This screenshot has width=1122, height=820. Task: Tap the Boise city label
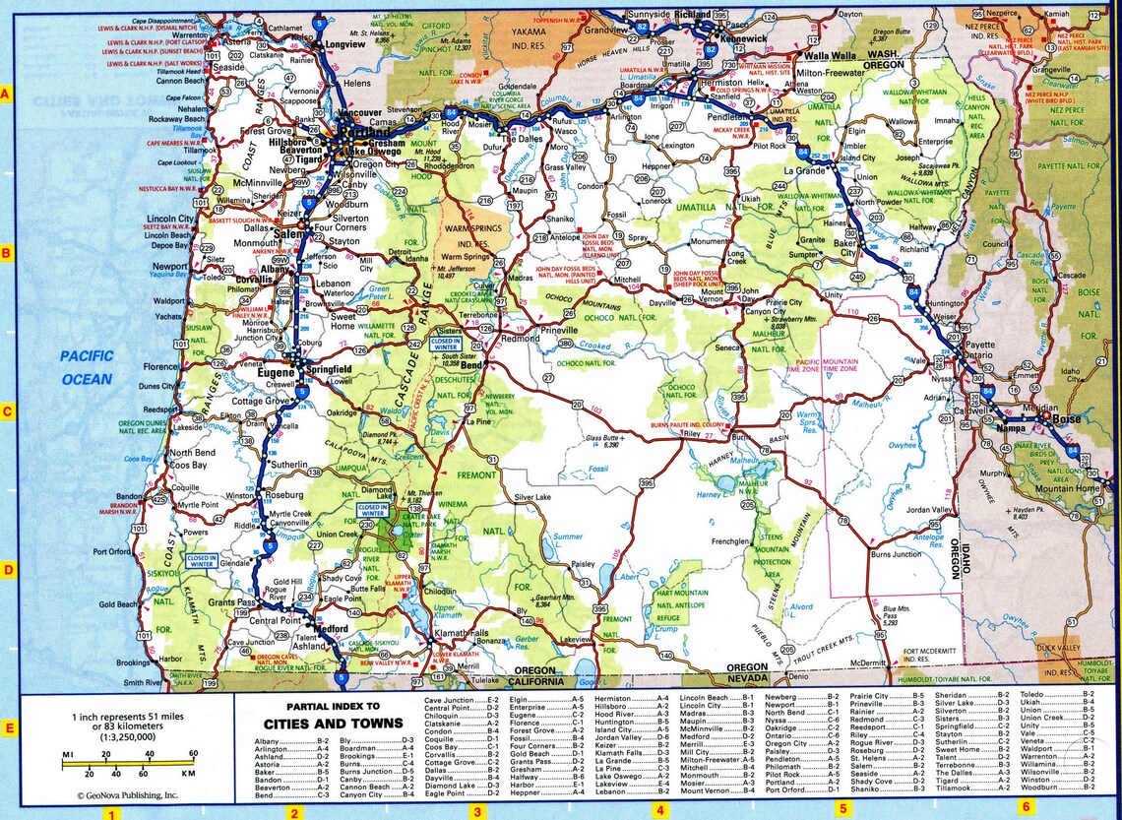(x=1066, y=419)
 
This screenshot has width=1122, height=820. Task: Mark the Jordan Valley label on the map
(x=930, y=509)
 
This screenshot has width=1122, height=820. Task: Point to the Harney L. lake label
(x=710, y=495)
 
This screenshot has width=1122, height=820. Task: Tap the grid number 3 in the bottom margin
(x=477, y=812)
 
